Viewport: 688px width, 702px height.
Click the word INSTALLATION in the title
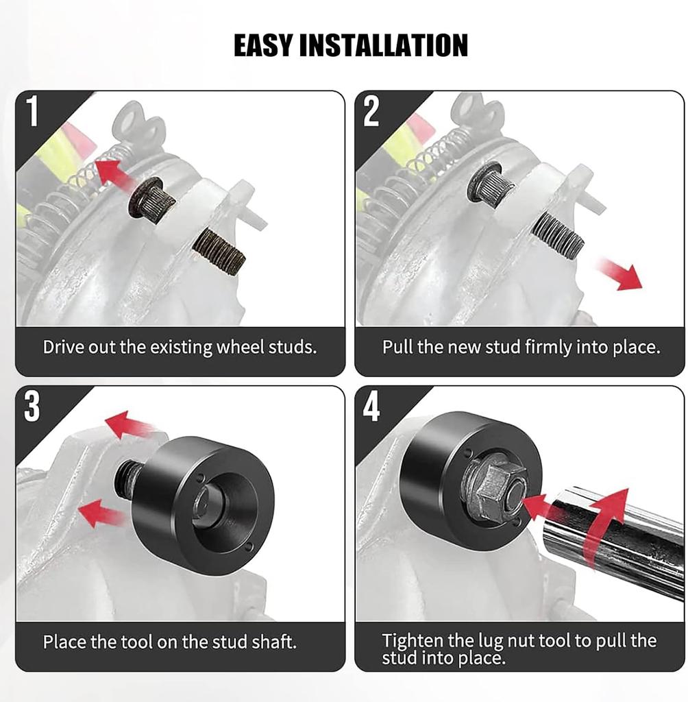(383, 45)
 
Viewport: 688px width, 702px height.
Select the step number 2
(371, 111)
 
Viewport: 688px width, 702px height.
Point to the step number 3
(32, 406)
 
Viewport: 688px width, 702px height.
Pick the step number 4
(371, 406)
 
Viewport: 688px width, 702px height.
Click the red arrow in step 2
(619, 274)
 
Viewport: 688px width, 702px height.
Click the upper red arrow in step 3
(128, 424)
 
